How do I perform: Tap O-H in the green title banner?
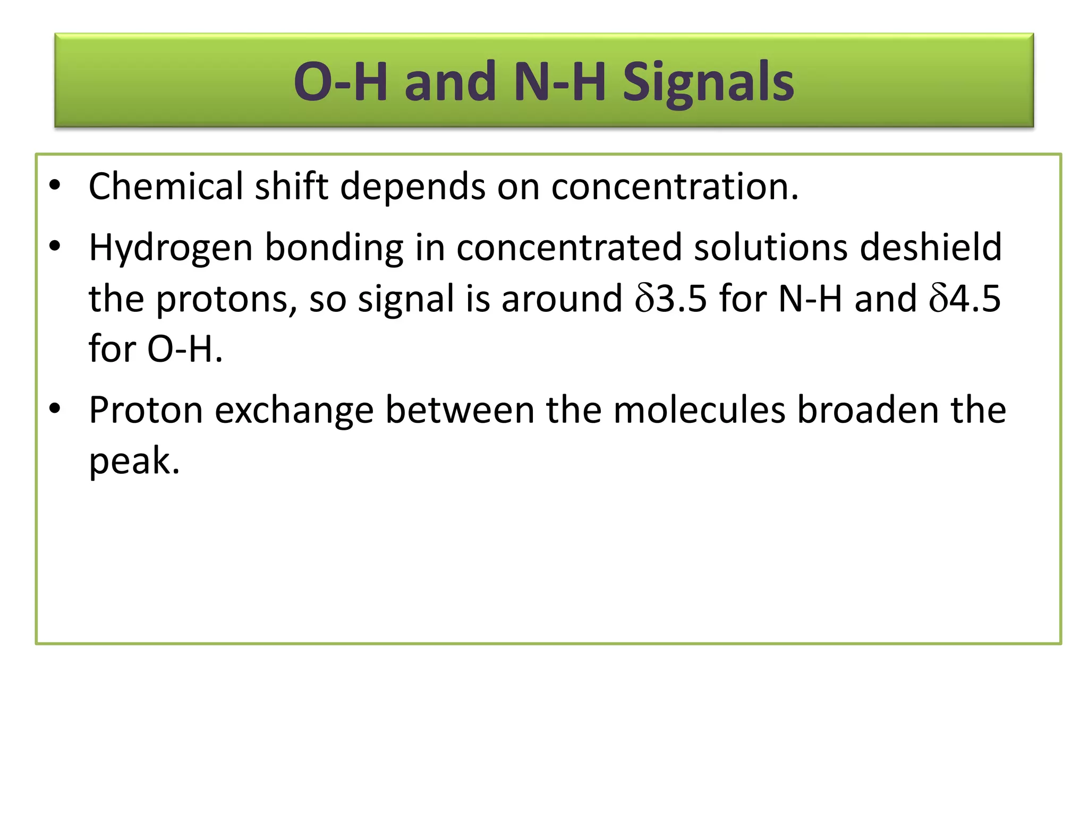(x=340, y=82)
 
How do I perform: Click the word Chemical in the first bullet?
(x=165, y=186)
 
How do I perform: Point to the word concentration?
(x=674, y=186)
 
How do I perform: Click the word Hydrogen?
(x=170, y=248)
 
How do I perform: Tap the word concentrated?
(x=568, y=248)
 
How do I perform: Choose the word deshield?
(x=930, y=248)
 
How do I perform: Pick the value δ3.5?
(x=671, y=299)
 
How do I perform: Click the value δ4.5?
(x=965, y=299)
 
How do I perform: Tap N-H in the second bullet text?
(x=810, y=299)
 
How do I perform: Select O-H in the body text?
(x=184, y=350)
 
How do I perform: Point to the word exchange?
(x=294, y=410)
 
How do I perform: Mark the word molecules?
(x=699, y=410)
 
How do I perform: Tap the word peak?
(x=133, y=461)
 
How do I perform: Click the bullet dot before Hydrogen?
(x=55, y=246)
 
